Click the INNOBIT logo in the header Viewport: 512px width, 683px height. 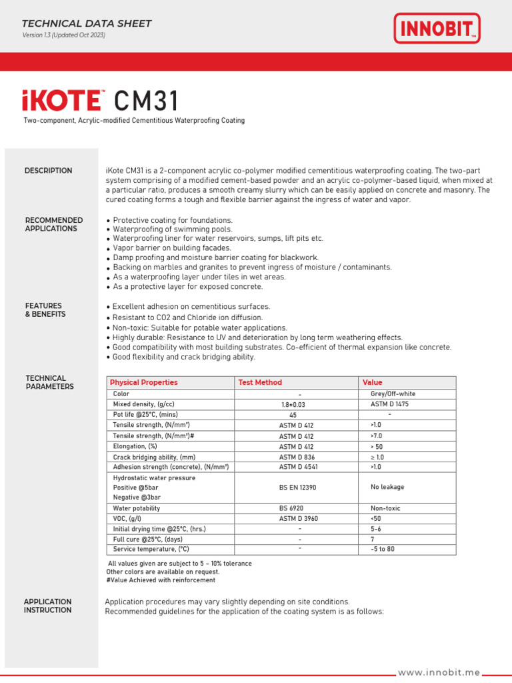click(437, 29)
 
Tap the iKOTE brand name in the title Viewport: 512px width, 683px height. click(61, 101)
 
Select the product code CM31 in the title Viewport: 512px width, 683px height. click(147, 101)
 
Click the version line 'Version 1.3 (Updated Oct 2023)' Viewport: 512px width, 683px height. click(64, 35)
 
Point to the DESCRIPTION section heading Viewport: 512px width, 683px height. click(49, 171)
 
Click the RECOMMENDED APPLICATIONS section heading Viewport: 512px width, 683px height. click(54, 224)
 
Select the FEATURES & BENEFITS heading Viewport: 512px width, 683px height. click(45, 310)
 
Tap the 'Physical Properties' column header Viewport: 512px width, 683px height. click(144, 382)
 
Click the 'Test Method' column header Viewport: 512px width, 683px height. click(260, 382)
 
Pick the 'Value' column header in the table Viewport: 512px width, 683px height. click(373, 382)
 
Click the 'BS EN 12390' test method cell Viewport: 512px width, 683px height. click(297, 488)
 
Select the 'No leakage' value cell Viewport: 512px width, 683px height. click(387, 487)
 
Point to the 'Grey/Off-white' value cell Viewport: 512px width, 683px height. click(393, 394)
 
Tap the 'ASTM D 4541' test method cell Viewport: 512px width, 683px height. click(297, 467)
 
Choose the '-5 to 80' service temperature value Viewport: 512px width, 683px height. click(383, 550)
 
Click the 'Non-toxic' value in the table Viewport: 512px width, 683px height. click(385, 508)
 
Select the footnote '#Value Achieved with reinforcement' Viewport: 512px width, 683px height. click(161, 580)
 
